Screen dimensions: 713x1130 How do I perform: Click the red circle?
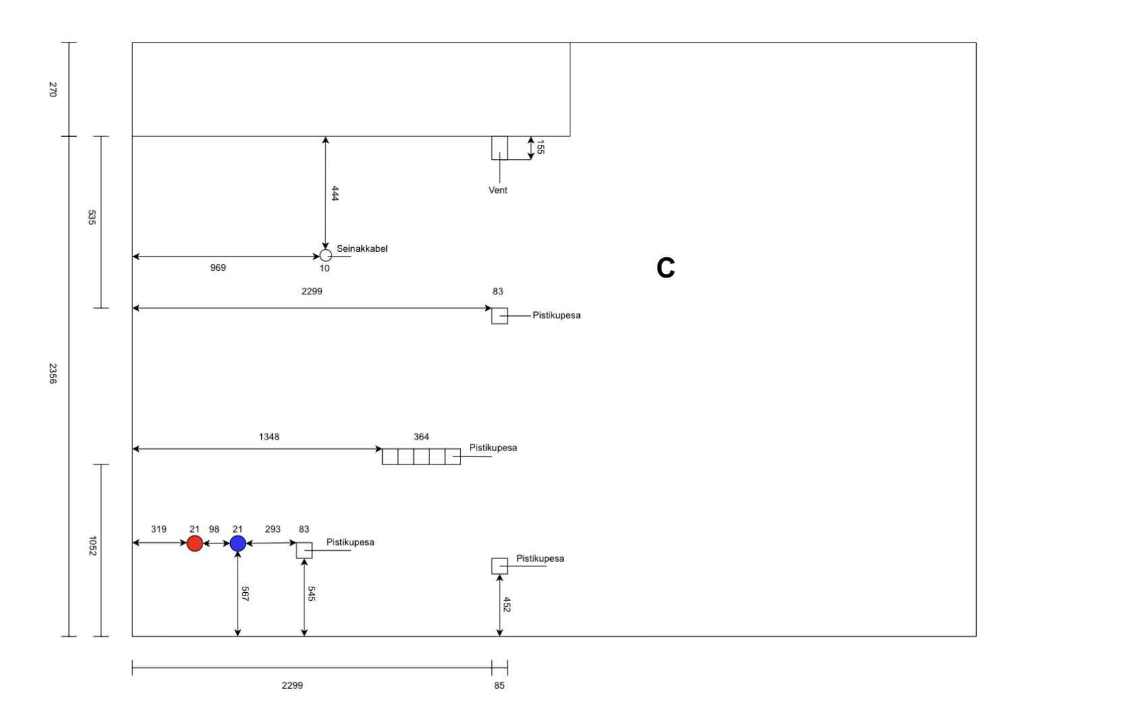[194, 543]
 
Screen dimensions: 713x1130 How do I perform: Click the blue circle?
[238, 543]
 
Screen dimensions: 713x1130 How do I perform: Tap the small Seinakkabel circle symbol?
[325, 255]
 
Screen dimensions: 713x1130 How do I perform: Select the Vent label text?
[497, 190]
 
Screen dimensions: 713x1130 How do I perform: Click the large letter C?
[666, 269]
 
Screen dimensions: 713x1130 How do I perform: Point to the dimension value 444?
[335, 194]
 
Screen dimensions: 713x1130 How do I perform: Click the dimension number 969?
[218, 268]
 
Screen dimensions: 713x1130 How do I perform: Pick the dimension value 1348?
[269, 437]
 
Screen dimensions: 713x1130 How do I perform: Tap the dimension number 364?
[421, 437]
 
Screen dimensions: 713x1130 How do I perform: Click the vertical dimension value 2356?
[53, 373]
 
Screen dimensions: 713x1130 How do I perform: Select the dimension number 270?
[53, 90]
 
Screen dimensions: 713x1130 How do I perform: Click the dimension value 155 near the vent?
[540, 147]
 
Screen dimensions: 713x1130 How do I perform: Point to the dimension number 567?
[245, 594]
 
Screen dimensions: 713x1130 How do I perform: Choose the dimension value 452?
[507, 604]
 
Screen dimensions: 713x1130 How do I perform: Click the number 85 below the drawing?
[499, 686]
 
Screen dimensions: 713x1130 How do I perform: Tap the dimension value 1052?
[92, 546]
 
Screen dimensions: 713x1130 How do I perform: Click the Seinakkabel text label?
[362, 248]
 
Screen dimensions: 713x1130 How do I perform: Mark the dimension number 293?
[273, 529]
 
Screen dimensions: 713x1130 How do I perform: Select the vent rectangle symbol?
[500, 147]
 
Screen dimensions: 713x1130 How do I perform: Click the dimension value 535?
[92, 217]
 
